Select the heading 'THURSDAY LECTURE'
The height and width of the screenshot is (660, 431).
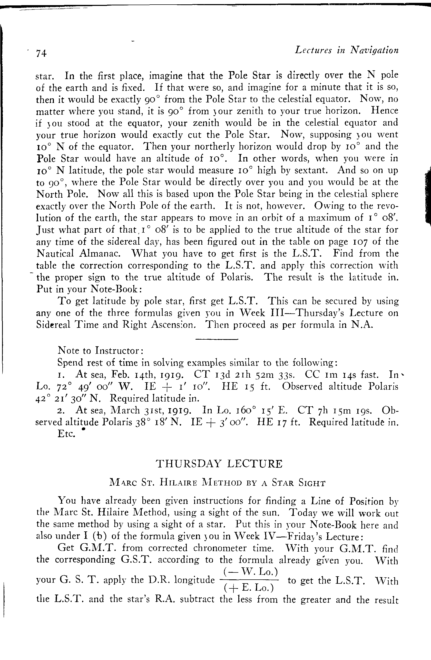[x=219, y=464]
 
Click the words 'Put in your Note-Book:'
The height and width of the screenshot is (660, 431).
[x=90, y=289]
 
